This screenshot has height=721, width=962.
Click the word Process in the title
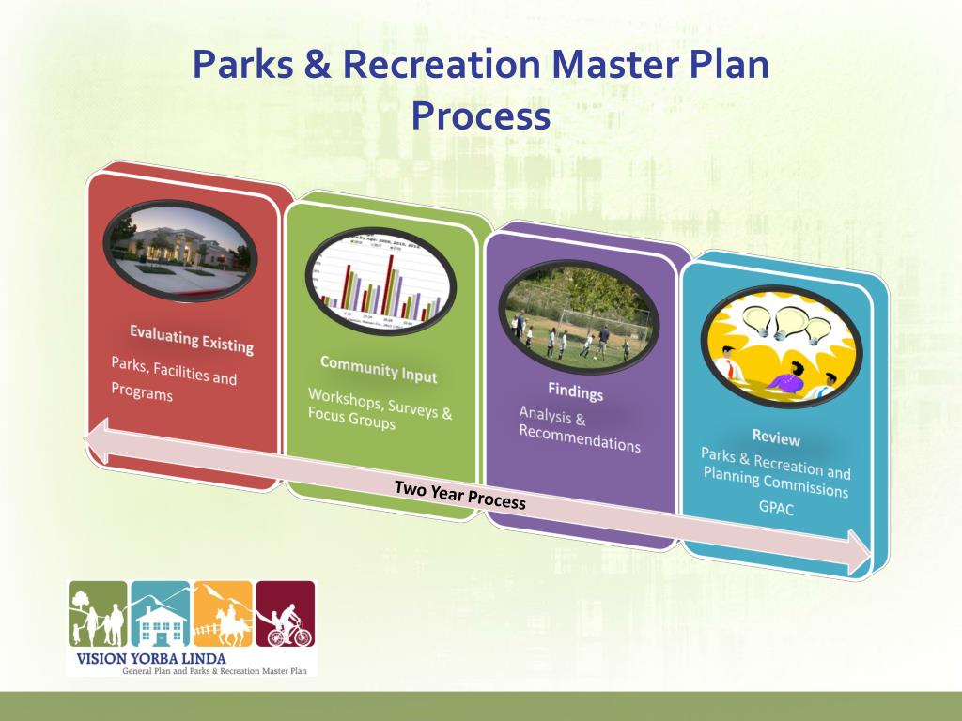(480, 116)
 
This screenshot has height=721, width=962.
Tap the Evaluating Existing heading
(192, 339)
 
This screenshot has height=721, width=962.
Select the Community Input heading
(378, 369)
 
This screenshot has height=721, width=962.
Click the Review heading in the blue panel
(776, 437)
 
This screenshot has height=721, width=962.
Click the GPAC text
(775, 510)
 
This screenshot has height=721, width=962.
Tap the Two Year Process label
(459, 495)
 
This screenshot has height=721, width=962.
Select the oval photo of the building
(178, 245)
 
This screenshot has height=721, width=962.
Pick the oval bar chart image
(380, 280)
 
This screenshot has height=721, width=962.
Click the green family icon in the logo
(97, 615)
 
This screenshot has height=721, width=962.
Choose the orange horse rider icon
(223, 615)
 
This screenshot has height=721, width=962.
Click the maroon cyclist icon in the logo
(286, 615)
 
